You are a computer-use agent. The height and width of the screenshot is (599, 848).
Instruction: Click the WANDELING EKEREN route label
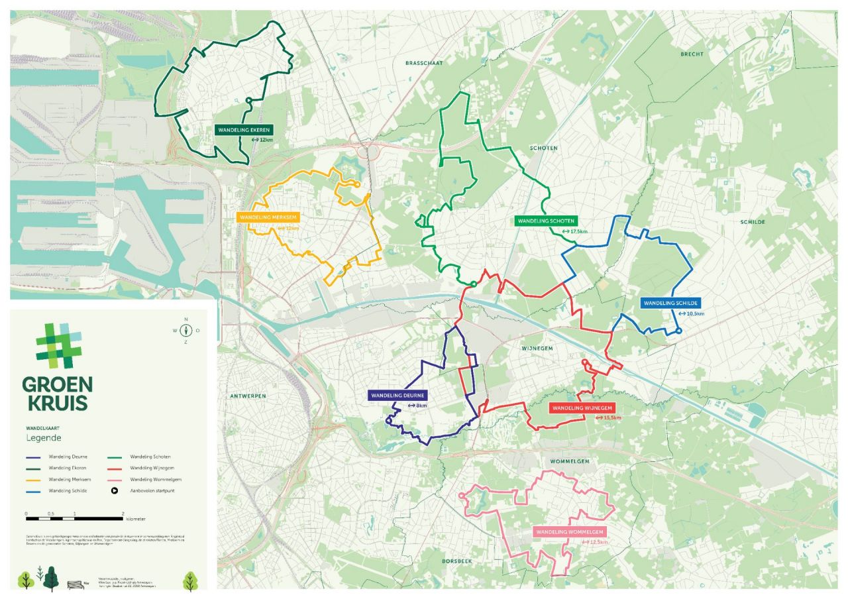(243, 130)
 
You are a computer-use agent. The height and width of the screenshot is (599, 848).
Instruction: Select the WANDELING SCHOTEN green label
(546, 221)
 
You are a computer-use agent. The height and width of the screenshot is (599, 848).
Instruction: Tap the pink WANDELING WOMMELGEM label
(570, 532)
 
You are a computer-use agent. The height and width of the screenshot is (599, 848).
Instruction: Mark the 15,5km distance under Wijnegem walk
(612, 418)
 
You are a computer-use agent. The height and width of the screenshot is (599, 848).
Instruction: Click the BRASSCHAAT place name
(423, 62)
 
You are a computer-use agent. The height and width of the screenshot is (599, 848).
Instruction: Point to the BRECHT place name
(692, 54)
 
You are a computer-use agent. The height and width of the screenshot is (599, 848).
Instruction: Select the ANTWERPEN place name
(248, 396)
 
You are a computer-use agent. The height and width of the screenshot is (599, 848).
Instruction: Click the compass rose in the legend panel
(186, 330)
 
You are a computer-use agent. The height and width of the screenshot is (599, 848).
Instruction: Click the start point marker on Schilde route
(678, 331)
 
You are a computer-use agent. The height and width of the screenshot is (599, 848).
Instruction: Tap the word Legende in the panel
(44, 439)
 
